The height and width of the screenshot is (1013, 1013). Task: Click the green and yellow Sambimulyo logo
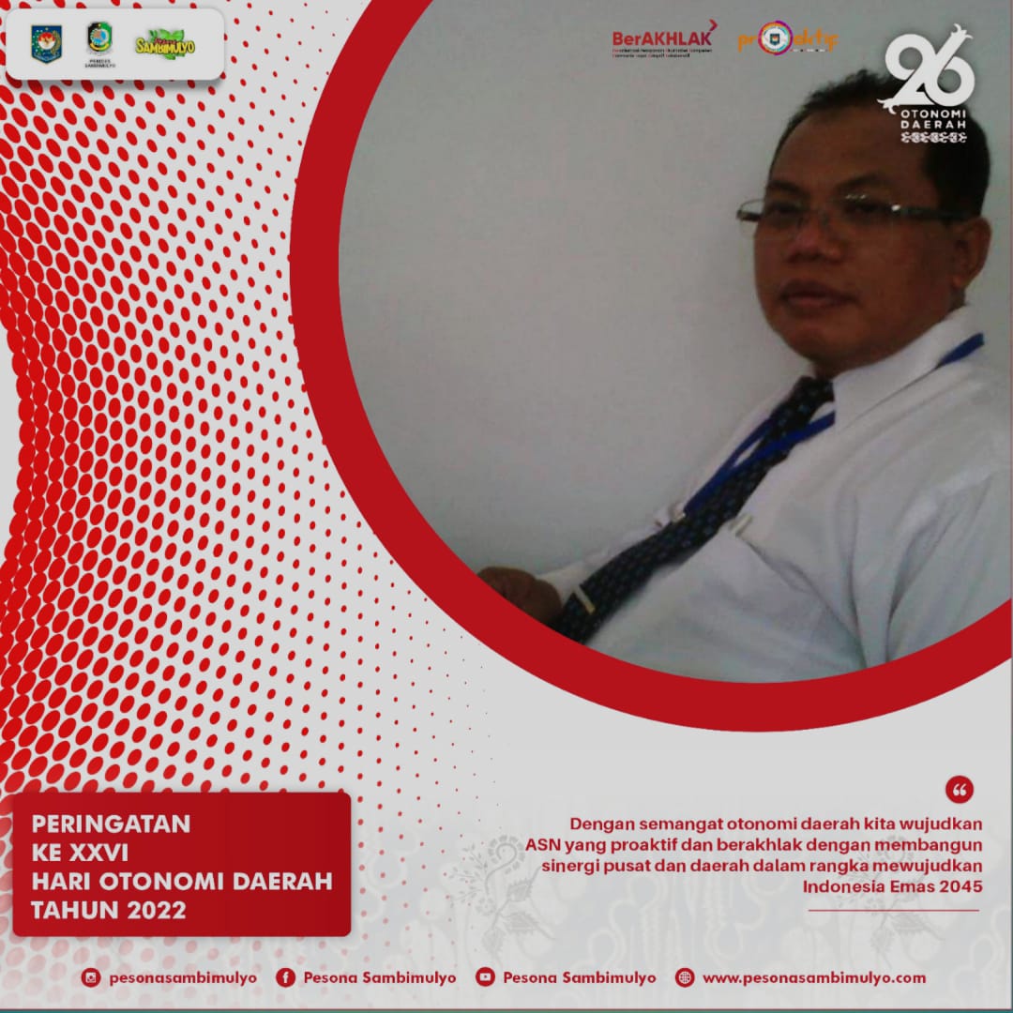click(165, 43)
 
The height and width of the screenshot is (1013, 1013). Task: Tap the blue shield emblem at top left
click(46, 42)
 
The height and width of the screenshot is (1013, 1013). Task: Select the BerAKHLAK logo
click(663, 38)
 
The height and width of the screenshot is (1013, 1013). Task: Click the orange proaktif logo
click(786, 38)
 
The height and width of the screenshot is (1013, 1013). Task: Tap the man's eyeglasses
click(844, 214)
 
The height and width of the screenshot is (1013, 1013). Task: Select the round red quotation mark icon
click(960, 789)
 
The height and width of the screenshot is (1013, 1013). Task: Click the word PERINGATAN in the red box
click(111, 824)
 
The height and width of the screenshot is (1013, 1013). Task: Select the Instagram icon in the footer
click(90, 977)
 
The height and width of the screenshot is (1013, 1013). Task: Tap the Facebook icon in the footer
click(285, 977)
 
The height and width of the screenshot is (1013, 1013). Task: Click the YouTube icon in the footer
click(485, 977)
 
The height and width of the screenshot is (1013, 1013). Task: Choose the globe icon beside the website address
click(685, 977)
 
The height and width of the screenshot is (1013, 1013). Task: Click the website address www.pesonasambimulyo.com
click(813, 977)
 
